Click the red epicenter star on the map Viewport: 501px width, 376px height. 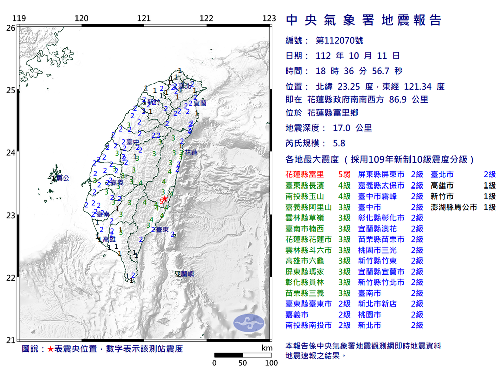pos(164,199)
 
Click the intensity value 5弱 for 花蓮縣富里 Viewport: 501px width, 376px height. pos(343,174)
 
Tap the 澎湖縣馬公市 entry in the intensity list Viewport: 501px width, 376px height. pos(453,207)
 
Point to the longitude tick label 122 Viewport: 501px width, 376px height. pos(206,19)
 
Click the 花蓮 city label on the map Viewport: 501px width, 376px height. pos(191,152)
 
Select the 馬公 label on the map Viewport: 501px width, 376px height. pos(61,178)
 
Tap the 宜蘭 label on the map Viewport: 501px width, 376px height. pos(200,103)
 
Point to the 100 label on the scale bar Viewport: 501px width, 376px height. pos(271,363)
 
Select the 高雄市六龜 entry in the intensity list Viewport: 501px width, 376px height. pos(305,261)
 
